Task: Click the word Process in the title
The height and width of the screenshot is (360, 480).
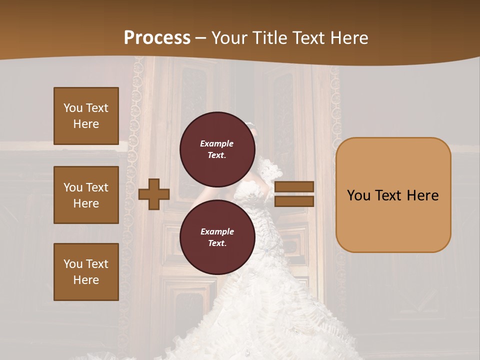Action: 157,38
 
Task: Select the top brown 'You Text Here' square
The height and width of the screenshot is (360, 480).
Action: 86,116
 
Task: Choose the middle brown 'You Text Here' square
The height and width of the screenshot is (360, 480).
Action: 86,195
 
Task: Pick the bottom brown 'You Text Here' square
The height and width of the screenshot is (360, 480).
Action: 86,272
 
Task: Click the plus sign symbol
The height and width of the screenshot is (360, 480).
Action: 153,194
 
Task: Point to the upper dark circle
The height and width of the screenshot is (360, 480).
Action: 217,149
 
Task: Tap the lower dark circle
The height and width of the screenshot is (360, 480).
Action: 217,237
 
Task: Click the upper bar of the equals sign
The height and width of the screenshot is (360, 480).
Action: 294,186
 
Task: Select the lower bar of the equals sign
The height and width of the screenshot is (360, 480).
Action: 294,201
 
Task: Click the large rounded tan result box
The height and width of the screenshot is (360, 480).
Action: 393,195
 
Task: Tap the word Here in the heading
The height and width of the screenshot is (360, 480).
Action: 349,38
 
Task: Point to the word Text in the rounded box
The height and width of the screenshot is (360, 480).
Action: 392,195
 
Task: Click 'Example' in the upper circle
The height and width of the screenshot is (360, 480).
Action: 216,143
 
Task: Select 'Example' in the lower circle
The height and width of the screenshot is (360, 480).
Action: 217,231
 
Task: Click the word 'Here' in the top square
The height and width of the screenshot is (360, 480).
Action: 86,124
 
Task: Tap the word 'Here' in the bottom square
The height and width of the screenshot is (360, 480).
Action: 86,280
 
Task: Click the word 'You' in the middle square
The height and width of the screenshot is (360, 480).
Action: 73,187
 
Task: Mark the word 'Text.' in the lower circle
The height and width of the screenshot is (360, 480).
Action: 217,243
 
